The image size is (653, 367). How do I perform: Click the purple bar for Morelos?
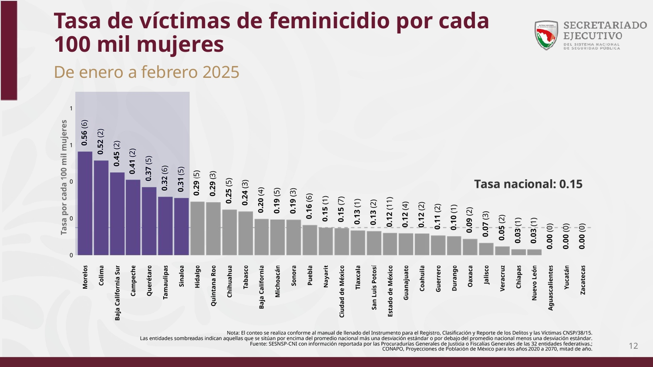[85, 203]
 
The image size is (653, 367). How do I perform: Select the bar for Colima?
[101, 207]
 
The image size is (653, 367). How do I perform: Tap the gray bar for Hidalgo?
[197, 228]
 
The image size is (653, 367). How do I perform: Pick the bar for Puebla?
[310, 240]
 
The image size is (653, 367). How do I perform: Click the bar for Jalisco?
[486, 249]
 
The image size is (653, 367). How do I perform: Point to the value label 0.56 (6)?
[85, 133]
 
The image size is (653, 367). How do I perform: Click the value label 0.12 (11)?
[390, 212]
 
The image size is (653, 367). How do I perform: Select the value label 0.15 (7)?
[341, 209]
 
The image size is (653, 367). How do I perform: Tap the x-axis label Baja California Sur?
[118, 293]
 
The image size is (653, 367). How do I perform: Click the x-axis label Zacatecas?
[583, 280]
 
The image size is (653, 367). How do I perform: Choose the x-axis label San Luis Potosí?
[374, 287]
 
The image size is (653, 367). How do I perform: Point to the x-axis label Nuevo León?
[535, 283]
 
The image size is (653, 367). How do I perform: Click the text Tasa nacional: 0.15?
[528, 184]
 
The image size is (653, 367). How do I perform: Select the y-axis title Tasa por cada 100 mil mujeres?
[64, 177]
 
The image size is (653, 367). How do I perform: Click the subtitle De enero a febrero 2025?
[147, 72]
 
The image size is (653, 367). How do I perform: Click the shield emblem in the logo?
[546, 35]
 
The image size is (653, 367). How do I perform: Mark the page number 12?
[633, 346]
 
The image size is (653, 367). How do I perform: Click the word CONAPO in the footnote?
[393, 349]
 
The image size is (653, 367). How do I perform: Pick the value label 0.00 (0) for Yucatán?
[566, 236]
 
